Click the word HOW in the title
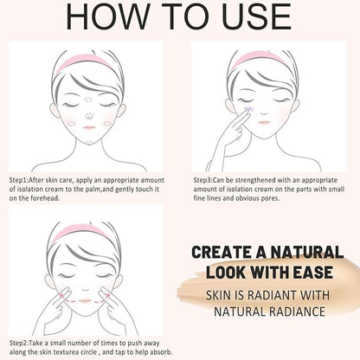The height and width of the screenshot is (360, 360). (x=107, y=16)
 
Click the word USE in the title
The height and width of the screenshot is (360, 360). (x=256, y=16)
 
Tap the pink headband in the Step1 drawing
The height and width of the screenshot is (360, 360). (x=84, y=62)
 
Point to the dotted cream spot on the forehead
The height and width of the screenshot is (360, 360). (x=88, y=100)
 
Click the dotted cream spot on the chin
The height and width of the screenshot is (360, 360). (x=89, y=143)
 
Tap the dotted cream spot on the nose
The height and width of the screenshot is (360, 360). (x=89, y=116)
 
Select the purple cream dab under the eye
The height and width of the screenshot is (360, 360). (x=249, y=109)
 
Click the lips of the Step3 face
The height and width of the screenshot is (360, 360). (x=264, y=122)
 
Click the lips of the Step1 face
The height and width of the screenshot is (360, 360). (x=89, y=127)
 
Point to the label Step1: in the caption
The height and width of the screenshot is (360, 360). (x=19, y=181)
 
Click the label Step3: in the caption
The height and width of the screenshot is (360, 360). (x=203, y=181)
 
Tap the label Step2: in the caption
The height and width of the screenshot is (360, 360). (x=19, y=344)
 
